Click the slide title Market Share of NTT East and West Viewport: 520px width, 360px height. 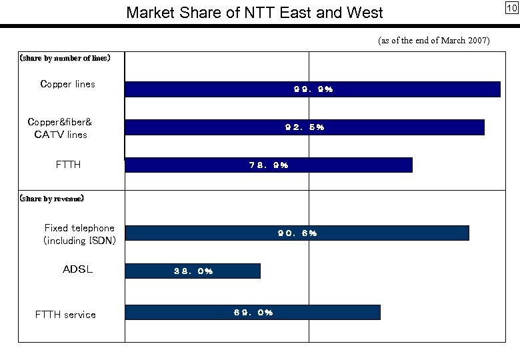coord(255,13)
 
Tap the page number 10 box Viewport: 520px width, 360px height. coord(511,8)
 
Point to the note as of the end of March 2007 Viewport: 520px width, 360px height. coord(433,41)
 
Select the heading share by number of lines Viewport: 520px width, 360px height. coord(65,58)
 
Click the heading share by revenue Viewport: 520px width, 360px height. coord(51,198)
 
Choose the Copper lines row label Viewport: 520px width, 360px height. coord(67,84)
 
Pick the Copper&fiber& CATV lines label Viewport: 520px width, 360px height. coord(60,128)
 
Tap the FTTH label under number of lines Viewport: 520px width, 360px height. coord(68,164)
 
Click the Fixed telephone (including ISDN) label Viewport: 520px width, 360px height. coord(79,234)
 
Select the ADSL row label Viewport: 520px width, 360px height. coord(77,270)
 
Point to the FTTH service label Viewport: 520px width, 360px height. coord(65,314)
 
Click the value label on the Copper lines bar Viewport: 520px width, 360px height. coord(313,89)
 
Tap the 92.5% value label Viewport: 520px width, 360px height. coord(305,127)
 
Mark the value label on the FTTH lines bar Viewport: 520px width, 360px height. coord(268,165)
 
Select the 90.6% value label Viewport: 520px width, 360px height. coord(297,233)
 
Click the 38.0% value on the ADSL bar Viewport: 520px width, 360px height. coord(193,271)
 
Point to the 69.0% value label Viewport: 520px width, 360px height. coord(253,312)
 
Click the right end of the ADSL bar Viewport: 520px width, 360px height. coord(259,271)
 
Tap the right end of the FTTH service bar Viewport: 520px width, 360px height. coord(379,312)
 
